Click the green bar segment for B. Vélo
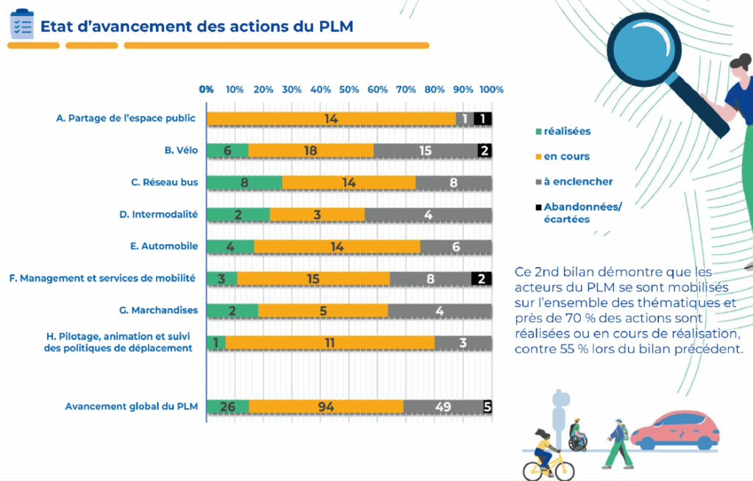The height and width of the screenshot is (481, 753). (227, 150)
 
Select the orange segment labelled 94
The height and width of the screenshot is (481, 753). (326, 406)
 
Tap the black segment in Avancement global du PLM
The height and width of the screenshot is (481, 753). (488, 406)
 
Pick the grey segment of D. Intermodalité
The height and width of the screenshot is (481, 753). (428, 214)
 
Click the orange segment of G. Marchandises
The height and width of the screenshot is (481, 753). (323, 310)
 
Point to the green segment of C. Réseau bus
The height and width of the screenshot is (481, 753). (244, 182)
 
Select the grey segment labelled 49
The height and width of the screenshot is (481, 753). (443, 406)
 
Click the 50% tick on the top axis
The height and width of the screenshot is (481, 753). (349, 90)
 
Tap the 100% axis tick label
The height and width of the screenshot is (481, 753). (491, 90)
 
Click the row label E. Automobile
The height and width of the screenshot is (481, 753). (164, 246)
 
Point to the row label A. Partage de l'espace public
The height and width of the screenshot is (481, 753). (126, 118)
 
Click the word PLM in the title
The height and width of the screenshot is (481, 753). (335, 26)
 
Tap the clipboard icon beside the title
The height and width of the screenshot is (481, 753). (21, 24)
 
